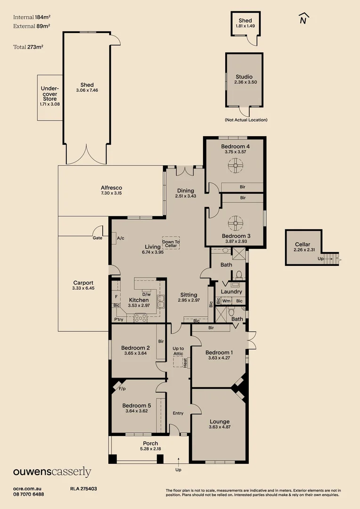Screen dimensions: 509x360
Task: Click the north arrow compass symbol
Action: (x=304, y=19)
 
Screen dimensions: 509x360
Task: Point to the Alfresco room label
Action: (x=111, y=188)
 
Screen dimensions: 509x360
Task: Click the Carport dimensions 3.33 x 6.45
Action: (x=83, y=288)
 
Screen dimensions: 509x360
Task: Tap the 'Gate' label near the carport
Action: (x=98, y=238)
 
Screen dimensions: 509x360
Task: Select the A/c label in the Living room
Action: (x=120, y=238)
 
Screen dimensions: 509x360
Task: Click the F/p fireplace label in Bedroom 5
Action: (x=122, y=389)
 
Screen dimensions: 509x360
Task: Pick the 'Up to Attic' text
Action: (x=178, y=350)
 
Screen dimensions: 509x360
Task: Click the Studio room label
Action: (x=244, y=76)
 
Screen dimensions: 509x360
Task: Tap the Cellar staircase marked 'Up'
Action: (x=333, y=259)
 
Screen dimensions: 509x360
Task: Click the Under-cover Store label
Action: (x=49, y=93)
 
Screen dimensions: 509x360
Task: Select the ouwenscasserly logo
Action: (x=52, y=472)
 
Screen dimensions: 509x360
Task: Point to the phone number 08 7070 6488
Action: (x=29, y=494)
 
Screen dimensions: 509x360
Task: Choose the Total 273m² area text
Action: (x=32, y=47)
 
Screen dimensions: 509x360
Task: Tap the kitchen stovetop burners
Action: (x=141, y=318)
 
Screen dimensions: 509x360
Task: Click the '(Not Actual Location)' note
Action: (x=246, y=120)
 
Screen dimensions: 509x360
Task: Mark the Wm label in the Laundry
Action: (x=227, y=301)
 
